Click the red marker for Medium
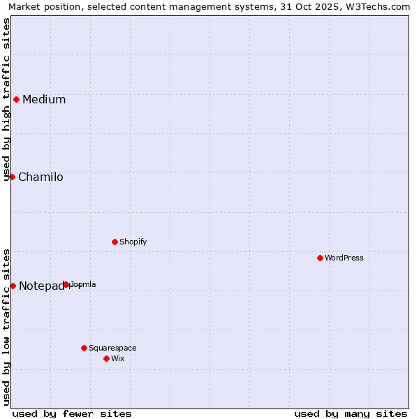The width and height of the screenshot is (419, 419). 16,99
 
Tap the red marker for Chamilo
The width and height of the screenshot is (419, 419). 12,177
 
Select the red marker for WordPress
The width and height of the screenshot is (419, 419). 320,258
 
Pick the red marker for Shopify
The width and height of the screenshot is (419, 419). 115,242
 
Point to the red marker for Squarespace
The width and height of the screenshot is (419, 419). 84,348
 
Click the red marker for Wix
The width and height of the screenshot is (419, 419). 106,358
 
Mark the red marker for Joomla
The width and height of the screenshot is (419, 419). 66,284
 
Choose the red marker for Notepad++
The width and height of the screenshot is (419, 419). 13,286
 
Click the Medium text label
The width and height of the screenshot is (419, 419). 44,99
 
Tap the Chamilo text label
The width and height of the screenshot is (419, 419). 41,177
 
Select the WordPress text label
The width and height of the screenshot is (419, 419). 344,258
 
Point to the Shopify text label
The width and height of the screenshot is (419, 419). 133,242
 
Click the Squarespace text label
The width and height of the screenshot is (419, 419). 112,348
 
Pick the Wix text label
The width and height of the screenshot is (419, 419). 118,358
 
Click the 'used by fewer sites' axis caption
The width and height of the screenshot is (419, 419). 72,413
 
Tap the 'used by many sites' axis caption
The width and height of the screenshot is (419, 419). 351,413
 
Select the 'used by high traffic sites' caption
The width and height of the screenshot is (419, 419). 7,99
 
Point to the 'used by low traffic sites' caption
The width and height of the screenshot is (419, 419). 7,326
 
